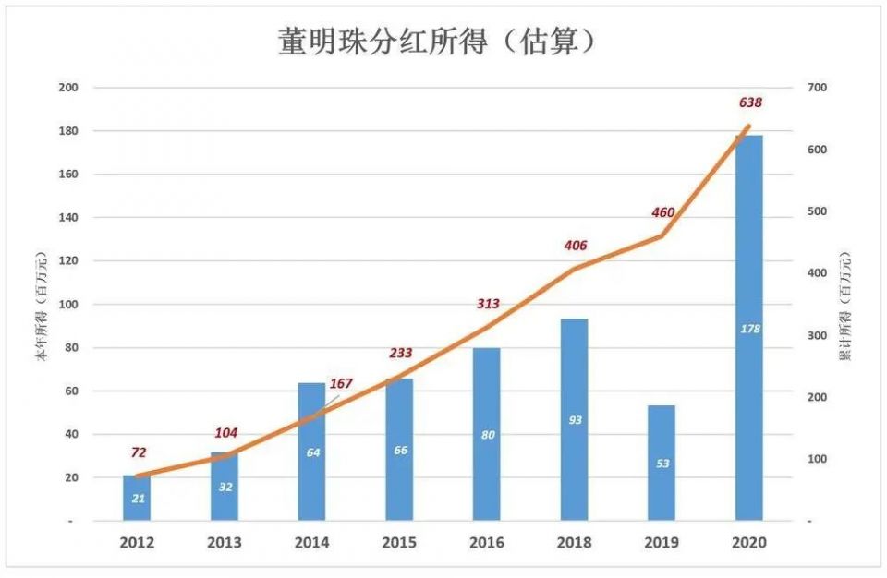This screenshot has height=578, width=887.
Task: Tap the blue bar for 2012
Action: (137, 498)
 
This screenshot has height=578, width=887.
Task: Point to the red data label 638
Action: (751, 102)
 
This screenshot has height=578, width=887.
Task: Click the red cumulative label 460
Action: (663, 212)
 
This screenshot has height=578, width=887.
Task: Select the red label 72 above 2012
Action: (139, 452)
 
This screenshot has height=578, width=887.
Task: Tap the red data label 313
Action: (488, 304)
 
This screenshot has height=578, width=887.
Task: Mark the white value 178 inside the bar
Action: (749, 328)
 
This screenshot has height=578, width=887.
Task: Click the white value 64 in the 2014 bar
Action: (313, 452)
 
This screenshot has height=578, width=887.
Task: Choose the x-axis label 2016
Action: (488, 543)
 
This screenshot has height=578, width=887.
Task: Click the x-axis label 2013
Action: (225, 543)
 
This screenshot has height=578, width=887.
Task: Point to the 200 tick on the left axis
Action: (68, 88)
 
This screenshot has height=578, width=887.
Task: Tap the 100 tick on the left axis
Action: (68, 305)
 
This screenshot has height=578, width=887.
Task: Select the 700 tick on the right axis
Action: (817, 88)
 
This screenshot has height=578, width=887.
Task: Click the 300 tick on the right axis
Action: (817, 335)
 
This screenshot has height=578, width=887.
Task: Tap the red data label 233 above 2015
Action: (401, 353)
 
